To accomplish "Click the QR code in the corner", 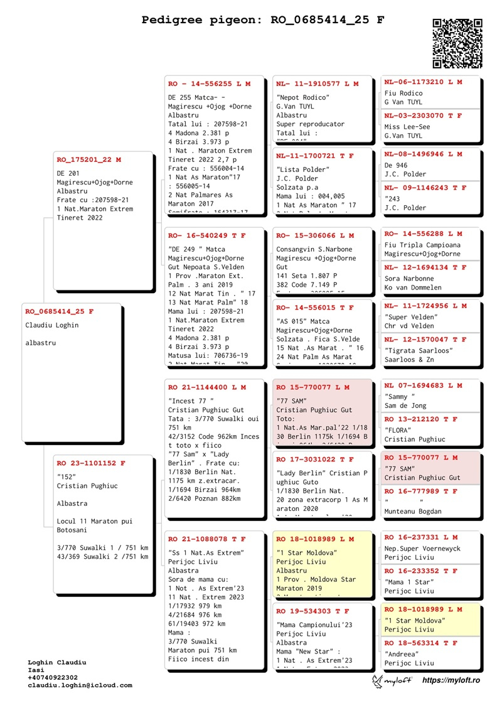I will (457, 43).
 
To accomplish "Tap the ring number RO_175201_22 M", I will (89, 159).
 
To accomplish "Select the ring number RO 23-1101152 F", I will (91, 463).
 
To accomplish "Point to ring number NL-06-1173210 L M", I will (423, 82).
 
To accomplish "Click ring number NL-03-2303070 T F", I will (423, 116).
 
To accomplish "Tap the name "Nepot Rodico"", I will (303, 97).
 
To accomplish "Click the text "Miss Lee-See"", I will (407, 127).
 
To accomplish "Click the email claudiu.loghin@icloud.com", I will (80, 685).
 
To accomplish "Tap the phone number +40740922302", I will (53, 677).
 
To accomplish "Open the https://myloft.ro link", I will (451, 680).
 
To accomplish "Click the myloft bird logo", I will (378, 680).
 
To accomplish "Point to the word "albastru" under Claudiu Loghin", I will (41, 343).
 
